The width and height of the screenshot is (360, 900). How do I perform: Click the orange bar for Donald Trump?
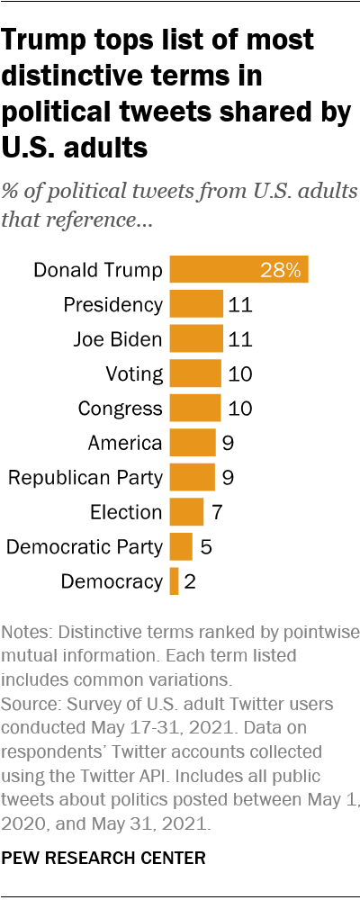point(238,269)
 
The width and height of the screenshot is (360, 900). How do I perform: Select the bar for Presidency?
point(196,304)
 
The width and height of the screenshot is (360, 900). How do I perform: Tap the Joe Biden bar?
point(196,338)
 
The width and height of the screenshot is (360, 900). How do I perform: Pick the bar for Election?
point(186,512)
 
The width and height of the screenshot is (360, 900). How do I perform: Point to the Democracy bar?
point(174,581)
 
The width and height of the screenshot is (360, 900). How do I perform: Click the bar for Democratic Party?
point(181,546)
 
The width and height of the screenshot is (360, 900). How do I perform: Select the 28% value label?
point(281,269)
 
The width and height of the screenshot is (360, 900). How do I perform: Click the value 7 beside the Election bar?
point(216,512)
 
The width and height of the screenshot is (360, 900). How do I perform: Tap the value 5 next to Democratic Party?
point(206,546)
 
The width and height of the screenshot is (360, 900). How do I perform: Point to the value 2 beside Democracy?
point(190,581)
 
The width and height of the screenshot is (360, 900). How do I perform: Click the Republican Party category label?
point(85,477)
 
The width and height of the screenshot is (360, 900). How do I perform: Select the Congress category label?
point(120,408)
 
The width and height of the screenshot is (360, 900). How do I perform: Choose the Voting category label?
point(134,373)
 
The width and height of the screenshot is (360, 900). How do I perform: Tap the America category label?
point(125,443)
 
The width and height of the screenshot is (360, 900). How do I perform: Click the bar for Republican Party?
point(192,477)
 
